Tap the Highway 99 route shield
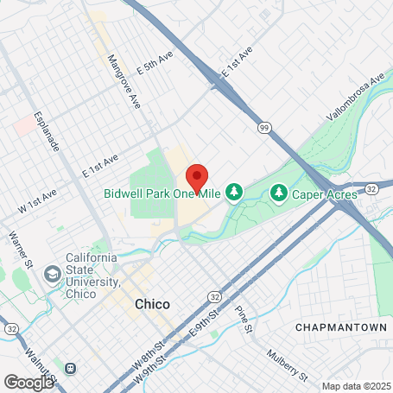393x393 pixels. [x=264, y=127]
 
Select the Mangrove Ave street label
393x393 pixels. [x=123, y=82]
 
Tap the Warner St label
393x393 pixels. [x=18, y=247]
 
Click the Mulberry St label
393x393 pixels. [x=286, y=364]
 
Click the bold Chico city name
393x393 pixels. [x=152, y=304]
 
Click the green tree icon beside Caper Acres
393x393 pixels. [x=279, y=191]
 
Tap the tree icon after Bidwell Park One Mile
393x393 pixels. [x=233, y=191]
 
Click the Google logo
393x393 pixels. [x=29, y=381]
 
